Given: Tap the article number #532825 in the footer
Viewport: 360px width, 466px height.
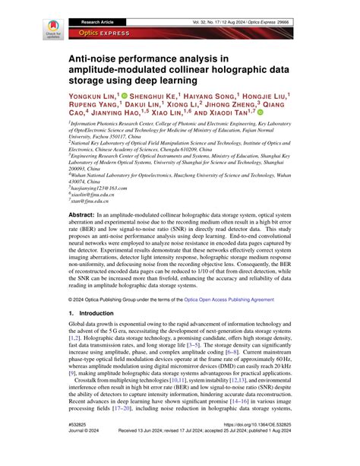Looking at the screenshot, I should coord(80,447).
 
